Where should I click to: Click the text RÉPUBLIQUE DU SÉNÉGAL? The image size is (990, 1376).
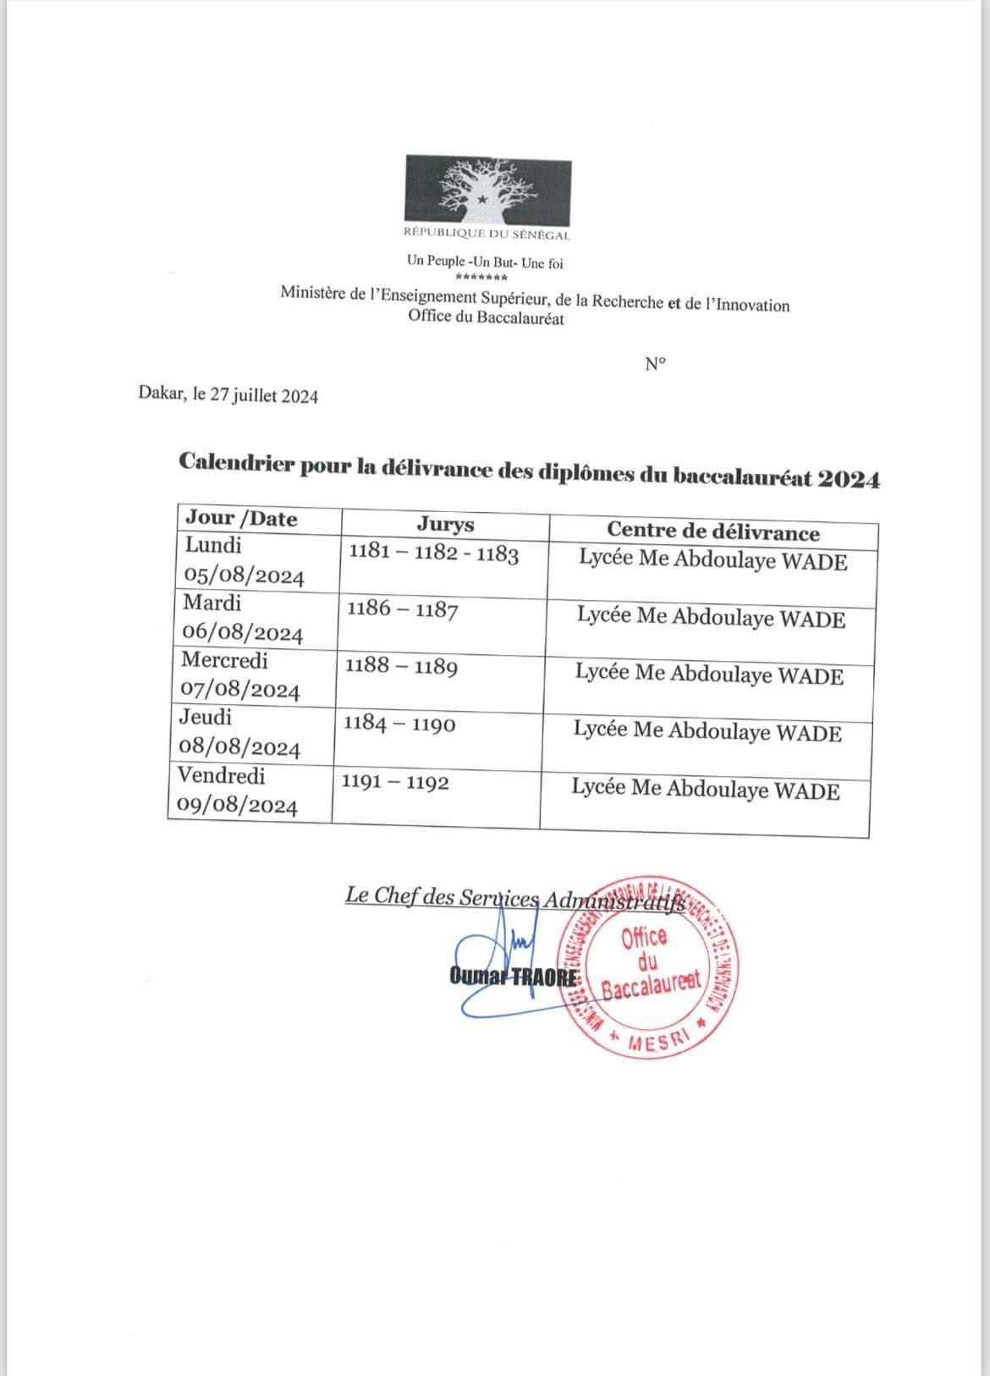(x=487, y=234)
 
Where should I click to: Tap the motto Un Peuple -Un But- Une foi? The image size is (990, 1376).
(x=484, y=263)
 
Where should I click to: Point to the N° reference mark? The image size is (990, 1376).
(x=655, y=364)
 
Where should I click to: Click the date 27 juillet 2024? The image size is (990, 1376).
(x=264, y=395)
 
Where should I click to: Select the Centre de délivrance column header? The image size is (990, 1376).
(x=712, y=532)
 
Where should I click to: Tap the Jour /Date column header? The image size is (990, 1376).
(x=241, y=519)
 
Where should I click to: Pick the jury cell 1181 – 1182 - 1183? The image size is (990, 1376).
(x=433, y=555)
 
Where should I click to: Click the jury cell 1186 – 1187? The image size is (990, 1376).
(x=402, y=609)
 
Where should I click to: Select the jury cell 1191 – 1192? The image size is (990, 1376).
(x=395, y=783)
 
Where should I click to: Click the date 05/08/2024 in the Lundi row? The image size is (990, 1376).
(x=244, y=577)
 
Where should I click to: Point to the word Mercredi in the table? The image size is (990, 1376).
(x=224, y=660)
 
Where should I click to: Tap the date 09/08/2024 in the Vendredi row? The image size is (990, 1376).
(x=237, y=806)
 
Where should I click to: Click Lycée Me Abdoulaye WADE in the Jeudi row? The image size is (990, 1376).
(x=707, y=732)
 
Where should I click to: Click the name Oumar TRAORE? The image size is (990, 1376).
(x=514, y=977)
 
